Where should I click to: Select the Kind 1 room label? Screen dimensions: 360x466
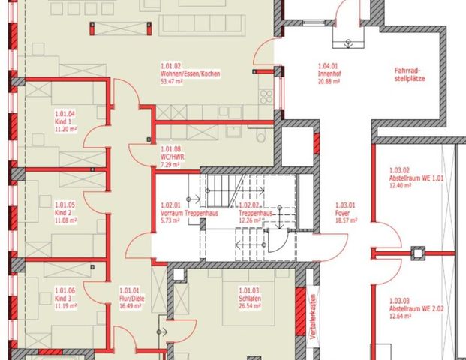(62, 121)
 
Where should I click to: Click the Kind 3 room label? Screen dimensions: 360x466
(62, 297)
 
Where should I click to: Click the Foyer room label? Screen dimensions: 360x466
(341, 212)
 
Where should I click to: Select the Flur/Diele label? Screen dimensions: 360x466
(132, 297)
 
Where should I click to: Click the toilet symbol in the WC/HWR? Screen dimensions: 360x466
(259, 137)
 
